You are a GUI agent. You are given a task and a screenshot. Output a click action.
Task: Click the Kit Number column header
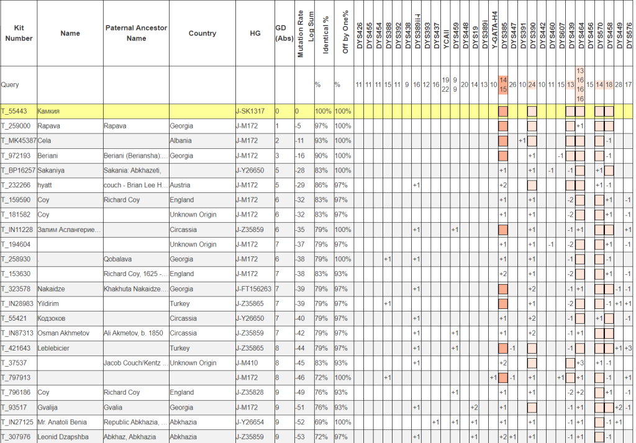[19, 33]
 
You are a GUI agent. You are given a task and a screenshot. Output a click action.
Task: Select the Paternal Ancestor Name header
[136, 33]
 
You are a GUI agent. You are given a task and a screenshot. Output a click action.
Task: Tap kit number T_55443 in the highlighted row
[16, 111]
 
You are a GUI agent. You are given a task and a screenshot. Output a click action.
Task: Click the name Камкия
[50, 111]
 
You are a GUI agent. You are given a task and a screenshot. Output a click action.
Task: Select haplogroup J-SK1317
[250, 111]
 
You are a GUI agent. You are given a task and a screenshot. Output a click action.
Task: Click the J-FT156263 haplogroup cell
[253, 289]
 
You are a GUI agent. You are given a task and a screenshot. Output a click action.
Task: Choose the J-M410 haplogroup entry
[249, 363]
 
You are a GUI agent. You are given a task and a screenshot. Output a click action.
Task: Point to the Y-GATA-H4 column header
[494, 31]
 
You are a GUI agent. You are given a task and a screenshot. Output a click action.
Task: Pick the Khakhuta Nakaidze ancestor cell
[134, 289]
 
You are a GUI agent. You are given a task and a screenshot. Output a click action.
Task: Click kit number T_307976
[17, 437]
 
